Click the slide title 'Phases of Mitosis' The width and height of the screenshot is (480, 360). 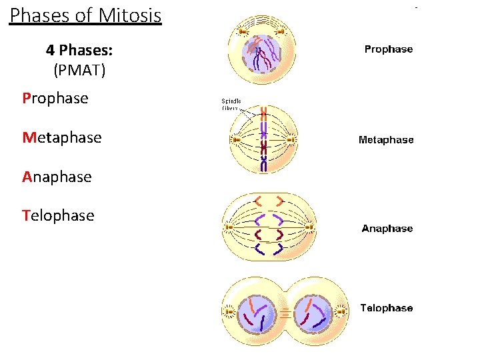point(85,15)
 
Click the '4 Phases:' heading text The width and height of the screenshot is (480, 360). point(79,50)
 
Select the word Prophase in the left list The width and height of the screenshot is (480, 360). point(55,99)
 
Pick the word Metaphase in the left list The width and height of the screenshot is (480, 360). point(61,138)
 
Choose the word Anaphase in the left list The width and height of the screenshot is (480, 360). point(57,177)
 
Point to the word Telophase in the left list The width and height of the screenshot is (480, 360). point(58,215)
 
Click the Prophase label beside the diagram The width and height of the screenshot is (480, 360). point(388,49)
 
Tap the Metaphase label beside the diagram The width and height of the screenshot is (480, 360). point(385,140)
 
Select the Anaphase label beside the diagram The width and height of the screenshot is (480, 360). point(387,229)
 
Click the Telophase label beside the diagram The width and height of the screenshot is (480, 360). point(386,308)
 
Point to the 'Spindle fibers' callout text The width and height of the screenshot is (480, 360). point(231,104)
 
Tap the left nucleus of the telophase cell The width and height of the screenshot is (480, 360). point(257,311)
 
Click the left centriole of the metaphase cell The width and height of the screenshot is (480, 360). point(236,140)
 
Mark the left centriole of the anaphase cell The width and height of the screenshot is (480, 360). point(229,227)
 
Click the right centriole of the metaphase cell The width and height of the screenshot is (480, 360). point(292,140)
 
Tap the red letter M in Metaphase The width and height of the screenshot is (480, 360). point(28,138)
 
